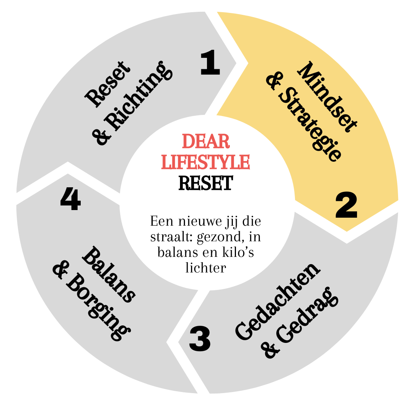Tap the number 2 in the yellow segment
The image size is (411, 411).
pos(346,206)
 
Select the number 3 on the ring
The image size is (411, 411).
pos(200,339)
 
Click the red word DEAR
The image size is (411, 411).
pos(206,142)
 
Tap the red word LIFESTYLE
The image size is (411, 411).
pos(206,161)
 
